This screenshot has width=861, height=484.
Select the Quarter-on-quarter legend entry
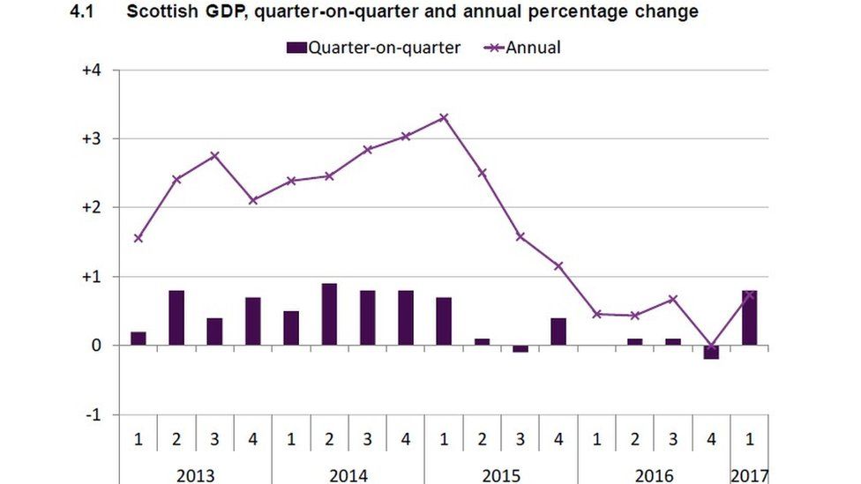coord(376,48)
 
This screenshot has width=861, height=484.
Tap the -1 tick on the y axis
coord(92,414)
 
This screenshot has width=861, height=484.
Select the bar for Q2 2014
coord(329,314)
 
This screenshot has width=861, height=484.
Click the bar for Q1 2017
coord(749,317)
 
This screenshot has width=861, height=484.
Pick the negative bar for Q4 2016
coord(711,353)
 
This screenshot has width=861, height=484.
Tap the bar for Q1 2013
coord(139,338)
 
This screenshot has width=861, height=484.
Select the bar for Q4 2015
coord(558,331)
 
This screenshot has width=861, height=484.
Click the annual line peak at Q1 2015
coord(444,116)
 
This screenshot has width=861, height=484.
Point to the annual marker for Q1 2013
coord(139,238)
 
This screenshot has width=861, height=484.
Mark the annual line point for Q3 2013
coord(214,156)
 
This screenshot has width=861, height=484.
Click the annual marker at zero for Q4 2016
coord(711,346)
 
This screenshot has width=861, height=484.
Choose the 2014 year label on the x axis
coord(348,475)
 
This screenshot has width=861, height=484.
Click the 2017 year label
coord(749,475)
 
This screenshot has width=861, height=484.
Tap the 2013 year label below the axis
coord(195,475)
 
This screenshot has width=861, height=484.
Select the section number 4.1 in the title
coord(81,11)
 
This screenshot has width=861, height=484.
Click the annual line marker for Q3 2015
coord(520,236)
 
